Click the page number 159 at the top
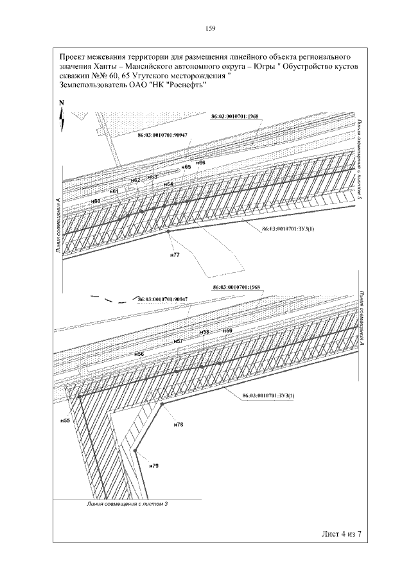coord(209,28)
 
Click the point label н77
coord(174,255)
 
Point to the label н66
coord(201,162)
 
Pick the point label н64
coord(168,184)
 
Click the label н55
coord(64,421)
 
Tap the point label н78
coord(179,424)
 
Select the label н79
coord(153,464)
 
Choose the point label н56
coord(139,354)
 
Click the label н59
coord(227,330)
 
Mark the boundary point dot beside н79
coord(136,451)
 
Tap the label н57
coord(179,340)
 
